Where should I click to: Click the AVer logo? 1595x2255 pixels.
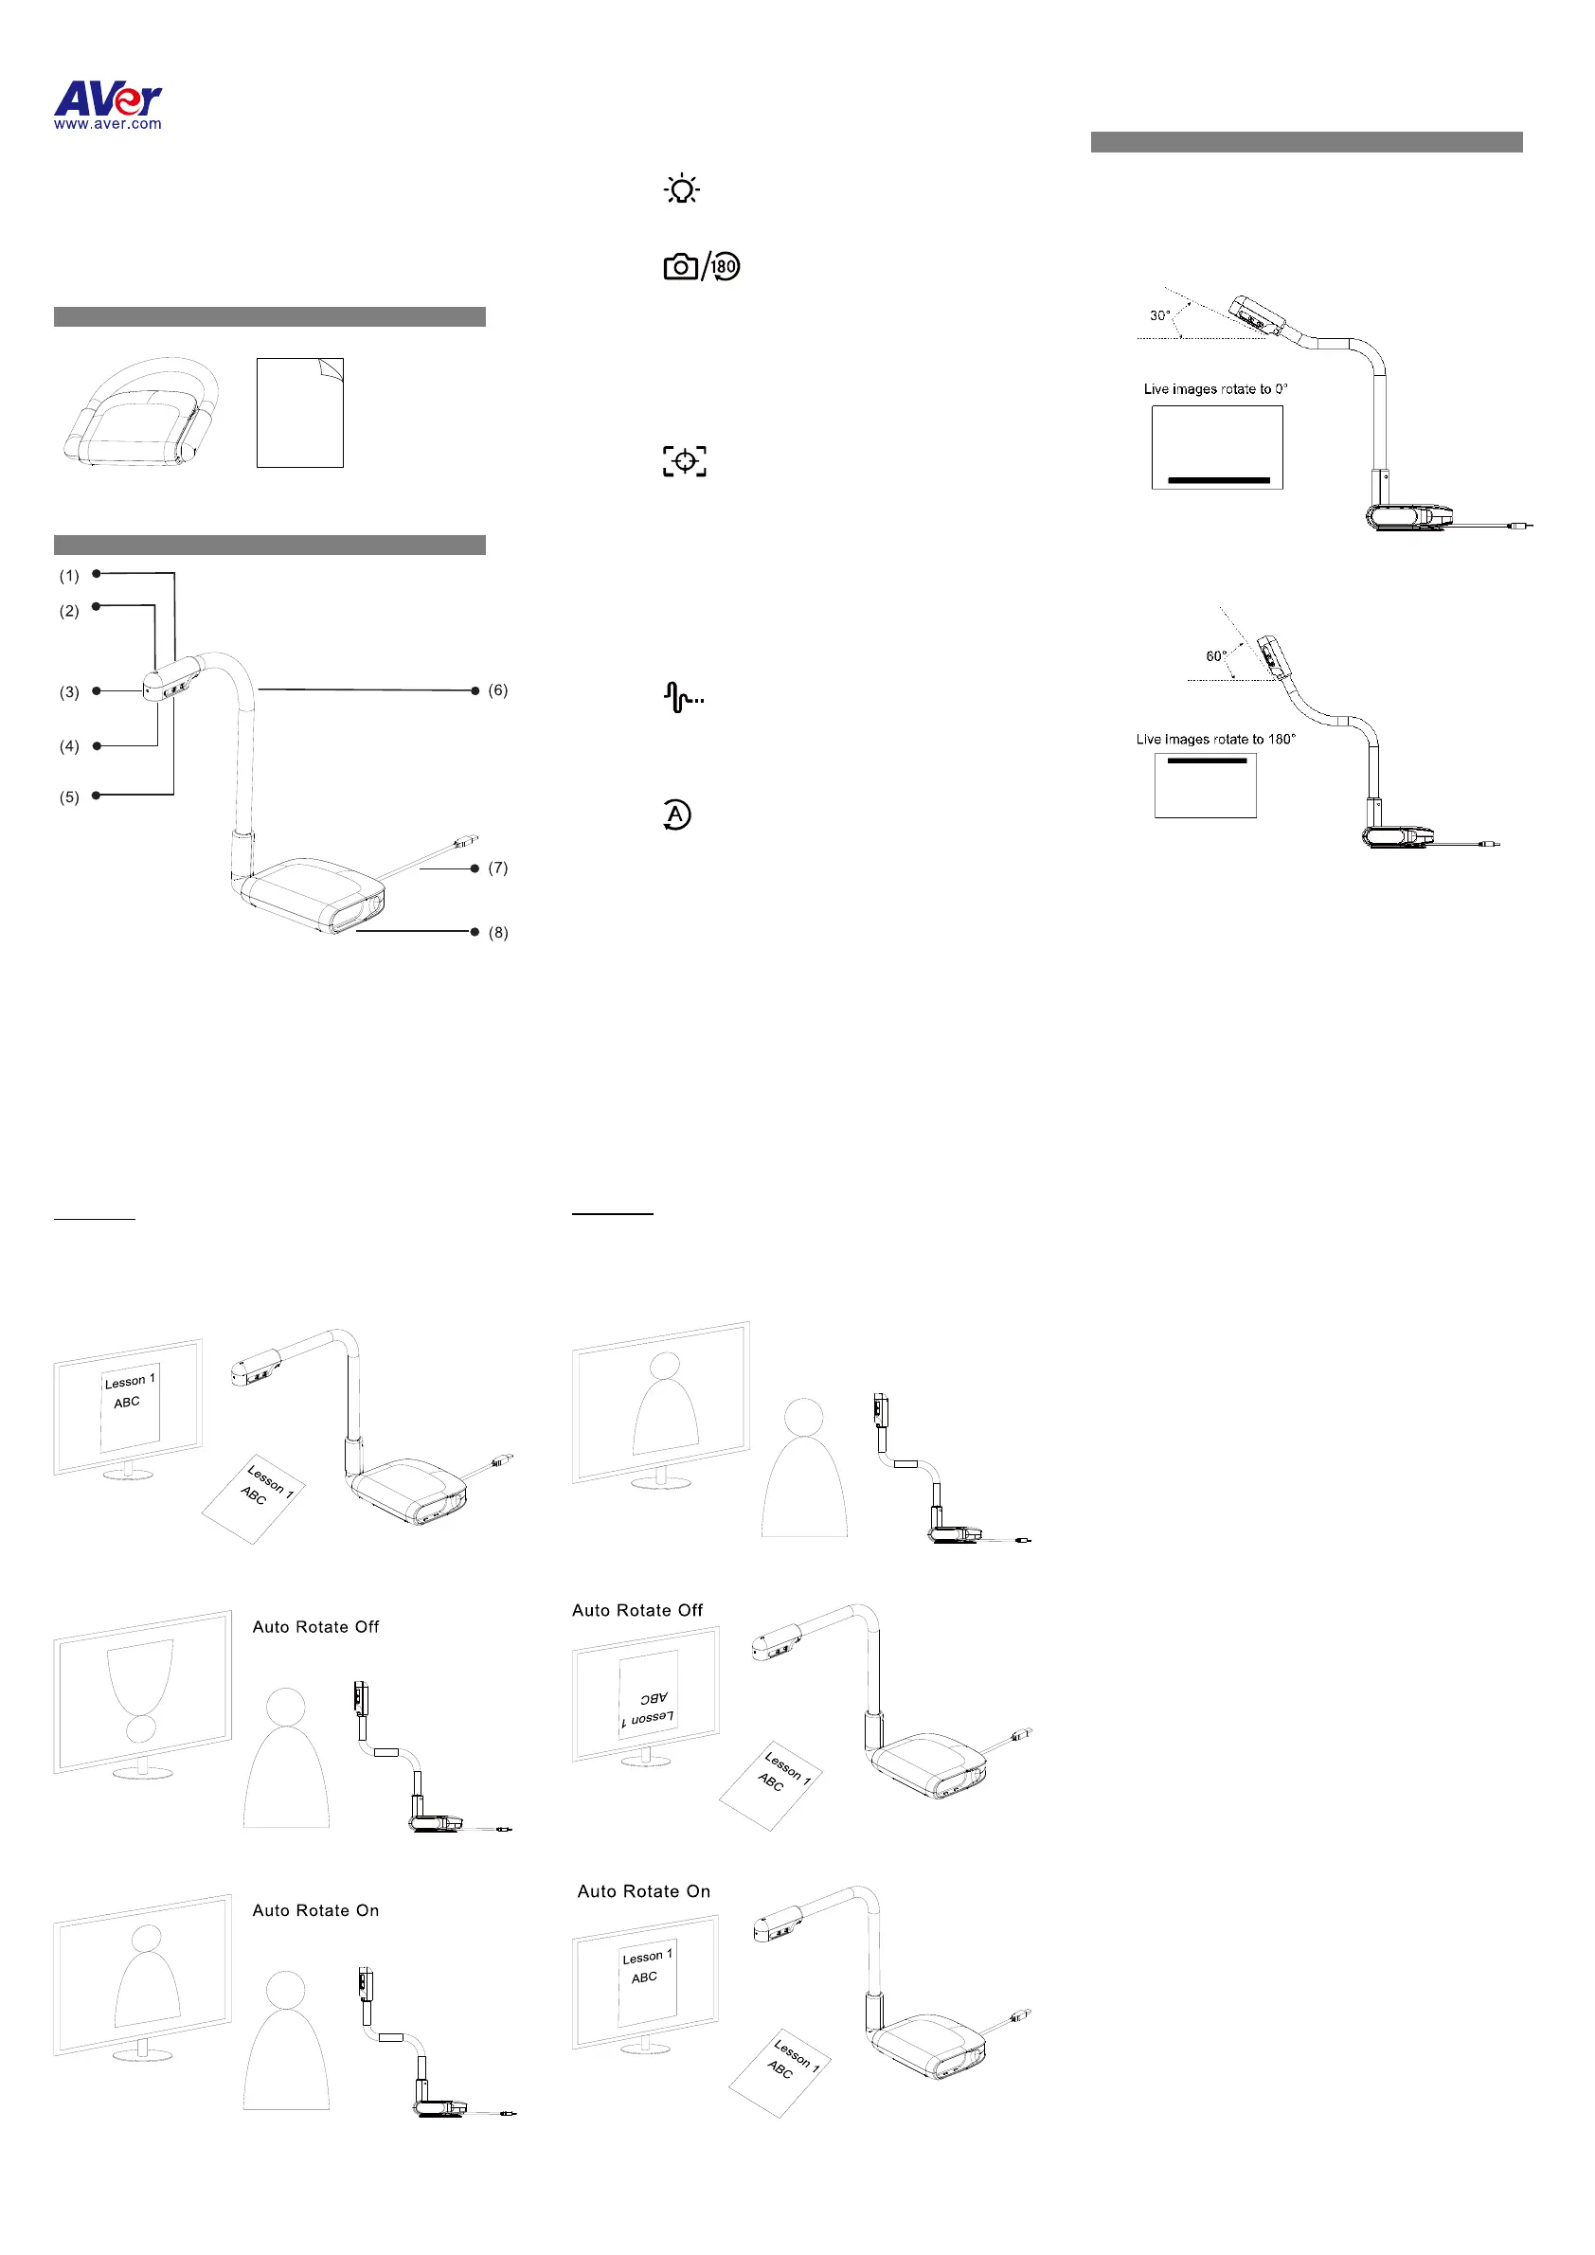pos(108,98)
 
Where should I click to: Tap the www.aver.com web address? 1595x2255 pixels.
pos(108,125)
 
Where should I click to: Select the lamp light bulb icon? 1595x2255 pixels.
pos(682,188)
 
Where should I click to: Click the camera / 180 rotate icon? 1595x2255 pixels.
pos(701,266)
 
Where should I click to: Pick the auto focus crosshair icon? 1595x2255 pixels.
pos(685,460)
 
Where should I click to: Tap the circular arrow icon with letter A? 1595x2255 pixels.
pos(675,814)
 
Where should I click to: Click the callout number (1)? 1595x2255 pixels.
pos(69,576)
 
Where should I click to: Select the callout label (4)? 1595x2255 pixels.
pos(69,746)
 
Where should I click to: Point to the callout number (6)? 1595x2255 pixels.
pos(498,690)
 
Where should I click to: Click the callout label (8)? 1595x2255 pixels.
pos(498,932)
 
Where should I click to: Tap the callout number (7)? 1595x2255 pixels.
pos(498,868)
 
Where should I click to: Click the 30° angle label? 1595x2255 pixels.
pos(1160,315)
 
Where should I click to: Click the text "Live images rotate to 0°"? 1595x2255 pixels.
pos(1215,389)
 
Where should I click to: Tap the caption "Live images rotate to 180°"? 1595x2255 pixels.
pos(1215,740)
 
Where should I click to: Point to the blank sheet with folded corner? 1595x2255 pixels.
pos(299,413)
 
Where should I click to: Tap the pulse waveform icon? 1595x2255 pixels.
pos(683,697)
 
